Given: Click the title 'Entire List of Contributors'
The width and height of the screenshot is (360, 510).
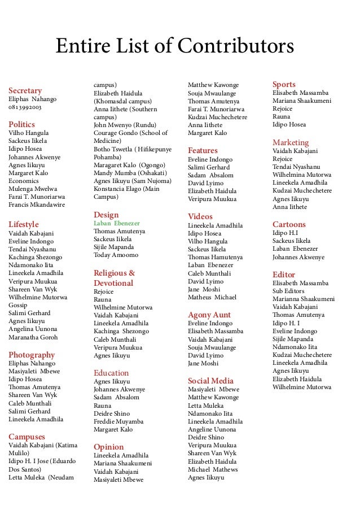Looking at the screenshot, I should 174,46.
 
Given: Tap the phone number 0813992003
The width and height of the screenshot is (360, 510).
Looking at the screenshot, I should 25,107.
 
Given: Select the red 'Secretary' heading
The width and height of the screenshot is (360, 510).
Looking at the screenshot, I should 25,90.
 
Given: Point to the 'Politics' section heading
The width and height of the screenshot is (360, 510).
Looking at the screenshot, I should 21,124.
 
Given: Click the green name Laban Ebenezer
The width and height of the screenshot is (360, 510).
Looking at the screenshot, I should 117,223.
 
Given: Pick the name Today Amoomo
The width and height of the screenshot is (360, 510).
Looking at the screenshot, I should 116,255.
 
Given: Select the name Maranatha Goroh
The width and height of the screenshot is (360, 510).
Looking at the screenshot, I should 33,337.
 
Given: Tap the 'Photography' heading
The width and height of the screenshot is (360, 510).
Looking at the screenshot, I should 32,355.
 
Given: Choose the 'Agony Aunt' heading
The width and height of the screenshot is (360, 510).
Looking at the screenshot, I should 209,315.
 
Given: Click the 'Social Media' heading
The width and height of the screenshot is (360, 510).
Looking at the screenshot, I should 210,381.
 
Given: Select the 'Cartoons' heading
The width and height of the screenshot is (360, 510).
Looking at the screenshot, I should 289,224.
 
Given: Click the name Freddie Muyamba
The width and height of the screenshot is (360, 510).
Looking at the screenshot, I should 118,421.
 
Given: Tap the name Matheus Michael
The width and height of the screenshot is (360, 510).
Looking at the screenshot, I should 212,297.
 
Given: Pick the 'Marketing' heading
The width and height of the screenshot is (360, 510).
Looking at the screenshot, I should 291,142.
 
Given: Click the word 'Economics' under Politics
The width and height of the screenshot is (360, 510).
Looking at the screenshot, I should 24,181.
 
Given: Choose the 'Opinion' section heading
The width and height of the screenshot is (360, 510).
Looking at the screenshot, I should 108,447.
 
